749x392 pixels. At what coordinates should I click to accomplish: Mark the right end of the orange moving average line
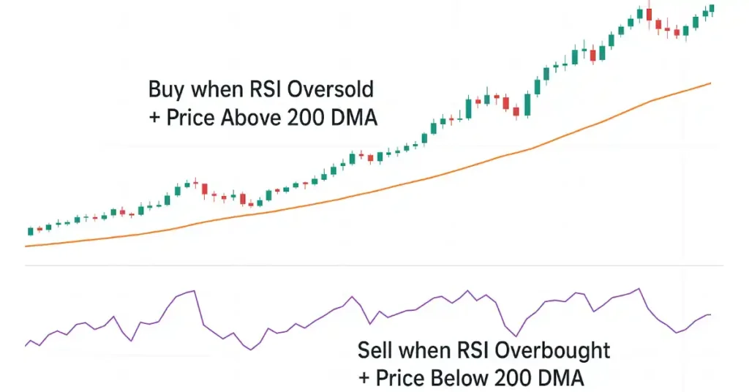pyautogui.click(x=711, y=83)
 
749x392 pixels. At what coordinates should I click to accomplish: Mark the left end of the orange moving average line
pyautogui.click(x=26, y=246)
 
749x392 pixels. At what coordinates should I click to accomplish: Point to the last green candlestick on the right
pyautogui.click(x=712, y=8)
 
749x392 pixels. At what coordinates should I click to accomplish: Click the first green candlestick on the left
pyautogui.click(x=30, y=231)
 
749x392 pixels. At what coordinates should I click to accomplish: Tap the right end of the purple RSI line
pyautogui.click(x=710, y=314)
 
